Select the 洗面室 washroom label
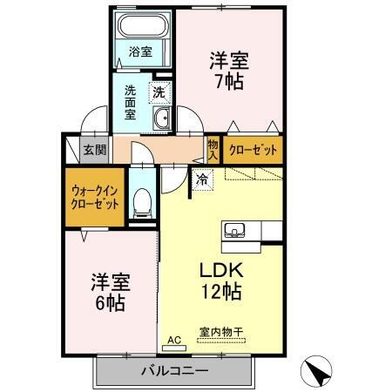pyautogui.click(x=131, y=101)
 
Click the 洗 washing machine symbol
pyautogui.click(x=159, y=90)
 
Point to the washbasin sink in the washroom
pyautogui.click(x=161, y=119)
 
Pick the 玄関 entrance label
pyautogui.click(x=95, y=150)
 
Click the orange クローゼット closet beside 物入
pyautogui.click(x=253, y=150)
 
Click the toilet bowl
pyautogui.click(x=143, y=201)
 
